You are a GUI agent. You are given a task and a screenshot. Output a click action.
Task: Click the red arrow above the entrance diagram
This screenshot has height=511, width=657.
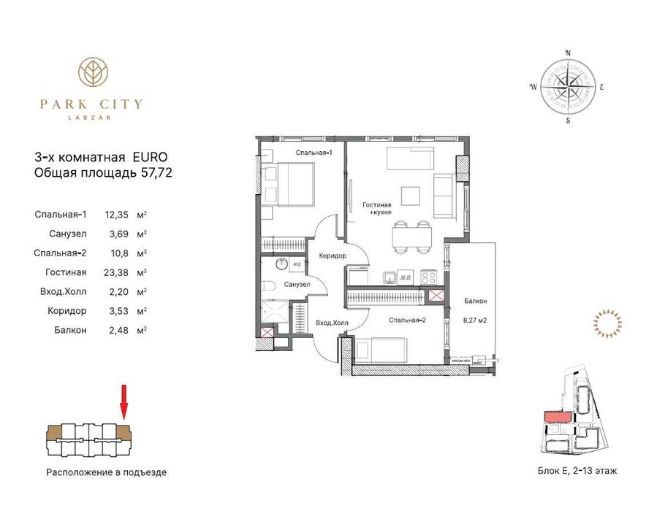click(x=123, y=401)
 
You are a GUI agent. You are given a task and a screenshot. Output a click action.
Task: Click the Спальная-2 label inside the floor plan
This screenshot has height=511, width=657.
click(x=408, y=320)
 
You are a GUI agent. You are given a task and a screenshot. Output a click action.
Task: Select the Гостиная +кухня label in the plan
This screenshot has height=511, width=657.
click(x=377, y=210)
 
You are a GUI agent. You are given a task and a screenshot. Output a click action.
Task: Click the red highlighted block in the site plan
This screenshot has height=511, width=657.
click(x=558, y=417)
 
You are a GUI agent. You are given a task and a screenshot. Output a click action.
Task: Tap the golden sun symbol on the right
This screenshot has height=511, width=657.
click(x=607, y=322)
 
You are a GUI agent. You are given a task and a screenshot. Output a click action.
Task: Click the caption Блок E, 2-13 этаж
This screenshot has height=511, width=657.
click(x=577, y=471)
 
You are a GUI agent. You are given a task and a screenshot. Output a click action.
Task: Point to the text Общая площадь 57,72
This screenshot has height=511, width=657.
click(x=103, y=173)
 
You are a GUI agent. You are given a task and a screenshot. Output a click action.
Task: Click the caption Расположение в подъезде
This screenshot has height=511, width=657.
click(x=107, y=472)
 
